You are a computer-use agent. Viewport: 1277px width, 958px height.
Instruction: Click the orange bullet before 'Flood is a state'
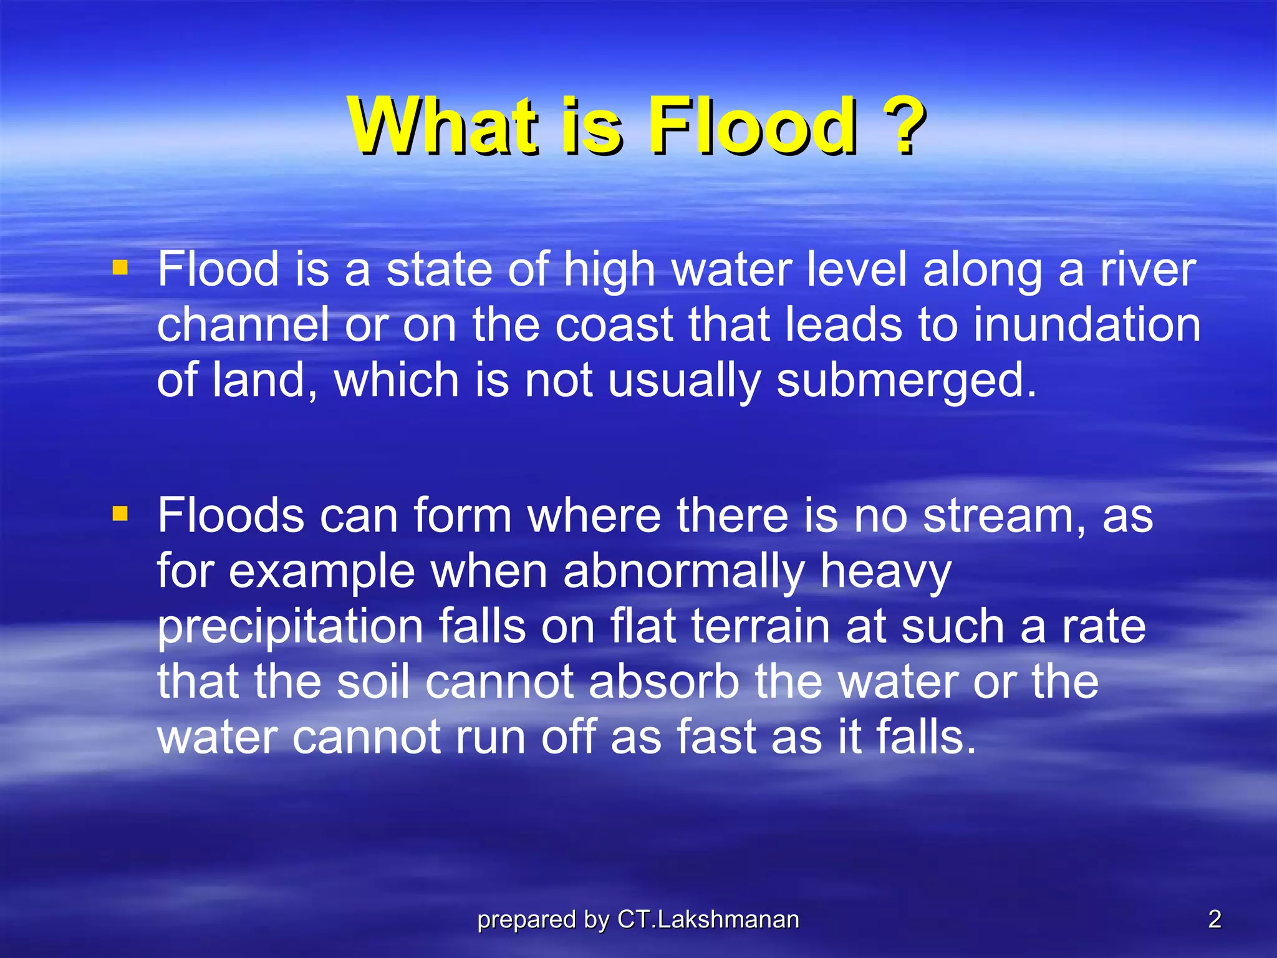coord(120,268)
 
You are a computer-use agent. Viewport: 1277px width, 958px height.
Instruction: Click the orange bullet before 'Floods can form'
coord(120,514)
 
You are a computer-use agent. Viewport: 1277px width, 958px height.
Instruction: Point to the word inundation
coord(1086,325)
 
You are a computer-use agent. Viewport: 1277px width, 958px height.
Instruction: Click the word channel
coord(243,325)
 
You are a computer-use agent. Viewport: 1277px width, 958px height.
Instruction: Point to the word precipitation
coord(290,627)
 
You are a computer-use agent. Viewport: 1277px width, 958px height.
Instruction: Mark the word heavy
coord(885,572)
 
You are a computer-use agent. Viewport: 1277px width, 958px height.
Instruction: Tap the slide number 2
coord(1215,919)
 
